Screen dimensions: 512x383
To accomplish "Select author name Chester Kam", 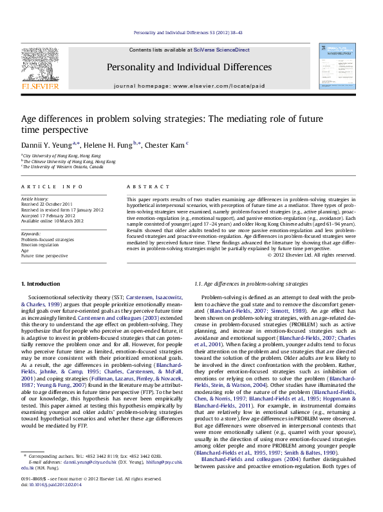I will pyautogui.click(x=165, y=145).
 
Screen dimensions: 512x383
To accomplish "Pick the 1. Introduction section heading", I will pyautogui.click(x=41, y=284).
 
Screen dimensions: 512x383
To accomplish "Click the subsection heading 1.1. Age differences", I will pyautogui.click(x=251, y=284).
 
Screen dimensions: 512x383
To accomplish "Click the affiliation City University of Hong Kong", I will pyautogui.click(x=62, y=155).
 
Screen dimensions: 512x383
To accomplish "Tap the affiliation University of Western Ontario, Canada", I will pyautogui.click(x=62, y=166).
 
